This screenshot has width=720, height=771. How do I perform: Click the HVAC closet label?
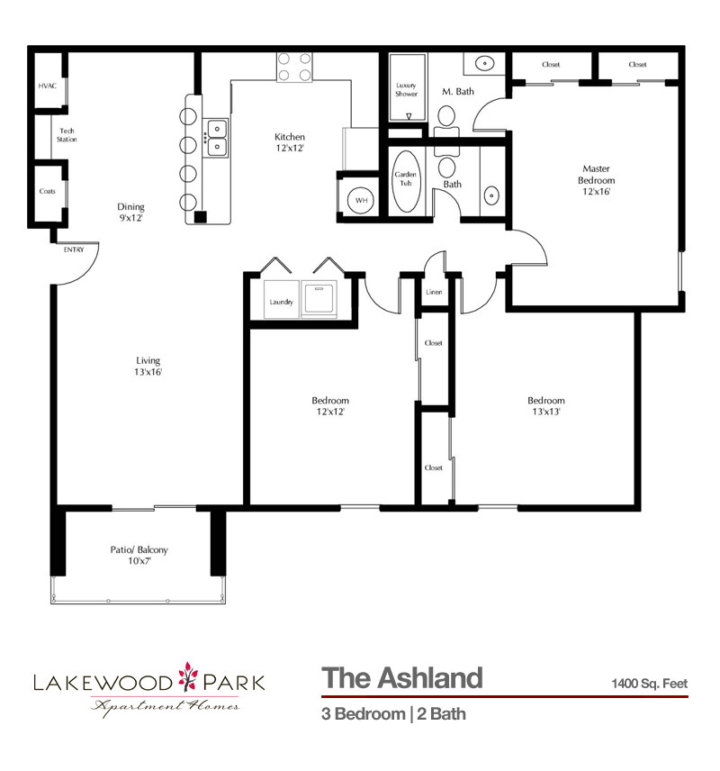47,86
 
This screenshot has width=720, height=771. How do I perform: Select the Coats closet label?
47,191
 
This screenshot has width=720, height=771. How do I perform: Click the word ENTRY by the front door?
73,249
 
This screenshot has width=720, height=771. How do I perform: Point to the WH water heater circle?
361,200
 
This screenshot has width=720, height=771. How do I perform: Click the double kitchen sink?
217,140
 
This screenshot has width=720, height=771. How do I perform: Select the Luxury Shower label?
407,90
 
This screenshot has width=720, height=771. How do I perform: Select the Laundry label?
282,302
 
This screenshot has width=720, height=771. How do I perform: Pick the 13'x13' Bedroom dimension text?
546,412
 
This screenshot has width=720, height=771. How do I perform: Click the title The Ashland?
401,677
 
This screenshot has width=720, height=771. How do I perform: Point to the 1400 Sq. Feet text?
648,684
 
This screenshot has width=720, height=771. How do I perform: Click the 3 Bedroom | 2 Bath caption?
393,715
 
